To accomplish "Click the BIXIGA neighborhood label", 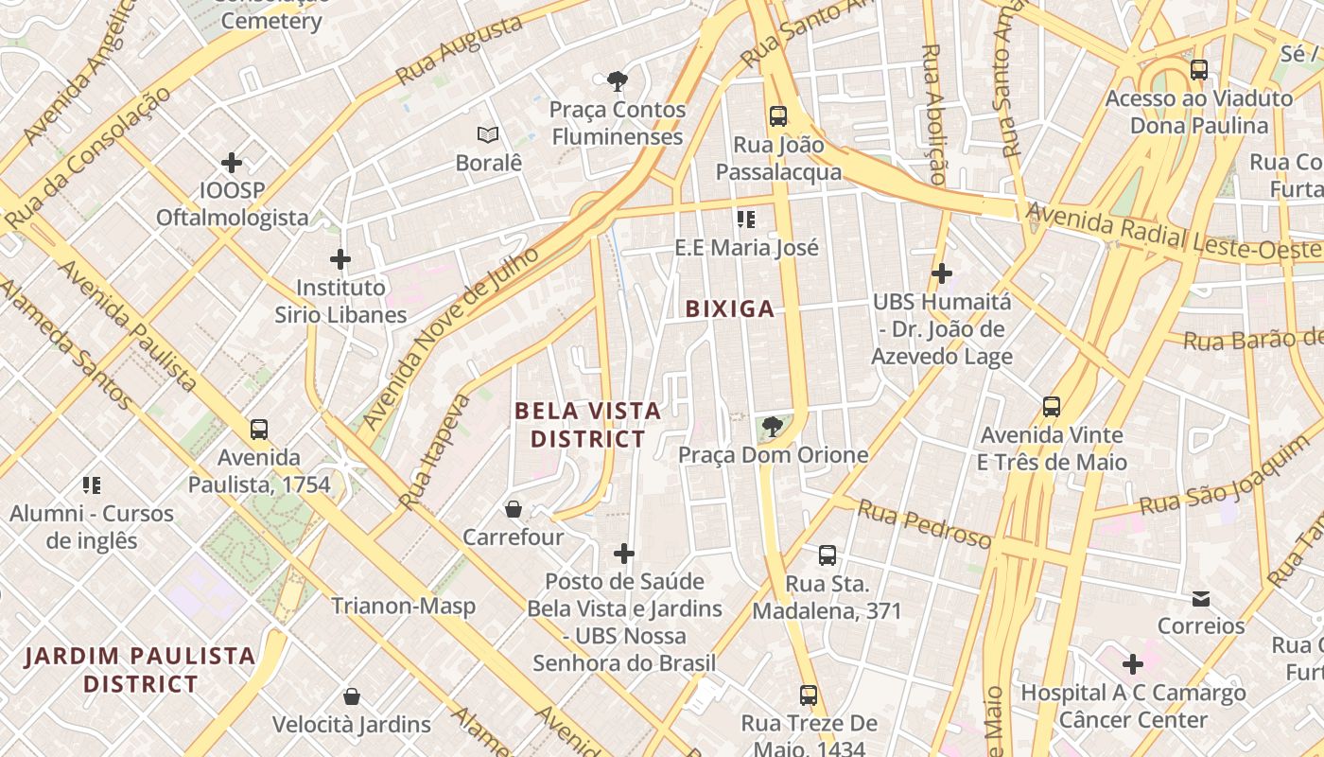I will [x=729, y=308].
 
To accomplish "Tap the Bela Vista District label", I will [x=587, y=425].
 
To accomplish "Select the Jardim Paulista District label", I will [x=140, y=669].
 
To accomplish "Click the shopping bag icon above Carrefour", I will [x=514, y=509].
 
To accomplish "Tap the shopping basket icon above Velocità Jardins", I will [x=352, y=697].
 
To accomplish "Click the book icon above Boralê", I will [x=488, y=135].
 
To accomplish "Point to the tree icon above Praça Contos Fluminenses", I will [x=618, y=81].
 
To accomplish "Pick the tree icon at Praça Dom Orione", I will [x=773, y=427].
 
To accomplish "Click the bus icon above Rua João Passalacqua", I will [x=778, y=116].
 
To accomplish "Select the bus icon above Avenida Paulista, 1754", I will [x=259, y=430].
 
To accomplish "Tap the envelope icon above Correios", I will [x=1201, y=598].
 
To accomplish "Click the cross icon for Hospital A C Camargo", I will [x=1133, y=664].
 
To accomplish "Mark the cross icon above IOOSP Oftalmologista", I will [x=232, y=163].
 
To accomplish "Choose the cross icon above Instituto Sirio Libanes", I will [x=340, y=259].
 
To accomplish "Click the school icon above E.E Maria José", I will [x=746, y=220].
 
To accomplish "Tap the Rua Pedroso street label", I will [x=924, y=525].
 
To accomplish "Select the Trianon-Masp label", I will [x=403, y=606].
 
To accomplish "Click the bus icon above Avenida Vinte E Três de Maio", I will [x=1052, y=407].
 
